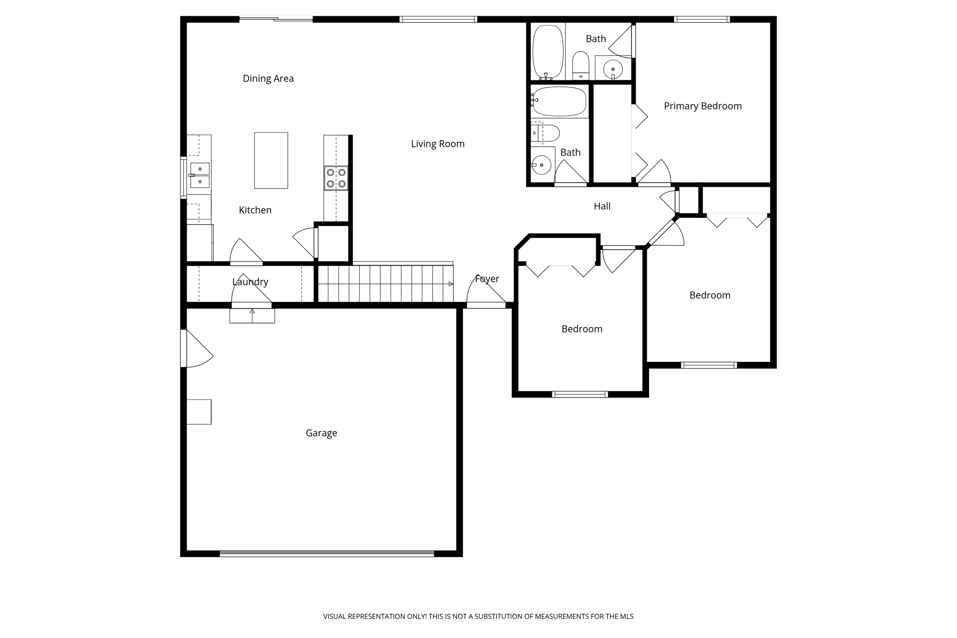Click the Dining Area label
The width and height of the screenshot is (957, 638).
pos(268,78)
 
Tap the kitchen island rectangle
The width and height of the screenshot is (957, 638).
pos(271,160)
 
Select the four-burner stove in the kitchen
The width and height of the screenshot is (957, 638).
pos(336,178)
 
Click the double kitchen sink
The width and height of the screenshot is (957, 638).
pos(200,175)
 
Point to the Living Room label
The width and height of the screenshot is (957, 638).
pos(438,144)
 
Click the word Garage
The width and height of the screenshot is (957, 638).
pos(321,433)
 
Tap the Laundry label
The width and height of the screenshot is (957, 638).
pos(250,282)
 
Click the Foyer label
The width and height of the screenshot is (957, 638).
pos(487,279)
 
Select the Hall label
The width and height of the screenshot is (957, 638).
pos(602,206)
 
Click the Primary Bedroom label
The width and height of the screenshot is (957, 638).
pos(703,106)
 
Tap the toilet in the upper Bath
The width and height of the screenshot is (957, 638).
pos(581,66)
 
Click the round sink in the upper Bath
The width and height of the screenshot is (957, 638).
pos(613,70)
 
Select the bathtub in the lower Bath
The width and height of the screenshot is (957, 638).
pos(559,101)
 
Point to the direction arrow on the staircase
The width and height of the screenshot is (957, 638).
pos(450,284)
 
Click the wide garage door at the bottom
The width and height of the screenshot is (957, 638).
pos(327,553)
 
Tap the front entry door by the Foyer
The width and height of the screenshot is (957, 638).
pos(486,305)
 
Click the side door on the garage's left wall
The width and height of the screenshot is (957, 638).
pos(184,348)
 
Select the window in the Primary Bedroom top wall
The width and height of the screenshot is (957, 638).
pos(702,19)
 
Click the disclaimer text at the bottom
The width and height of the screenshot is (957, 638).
pos(478,617)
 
